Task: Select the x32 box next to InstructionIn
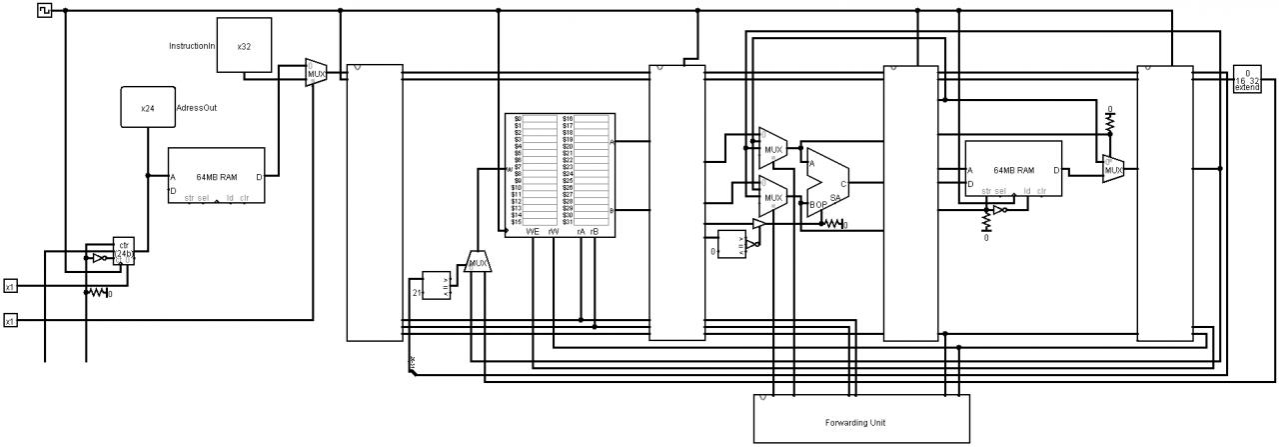[x=244, y=46]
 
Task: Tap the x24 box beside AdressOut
[x=148, y=107]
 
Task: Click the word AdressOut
[x=196, y=108]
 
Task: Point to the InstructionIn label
[x=191, y=46]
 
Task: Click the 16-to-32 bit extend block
[x=1247, y=80]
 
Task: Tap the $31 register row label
[x=568, y=221]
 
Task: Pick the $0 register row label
[x=518, y=118]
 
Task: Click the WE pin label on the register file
[x=533, y=231]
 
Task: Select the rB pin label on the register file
[x=595, y=231]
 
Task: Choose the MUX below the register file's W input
[x=479, y=263]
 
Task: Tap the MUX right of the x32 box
[x=317, y=72]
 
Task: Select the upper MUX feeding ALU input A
[x=772, y=148]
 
